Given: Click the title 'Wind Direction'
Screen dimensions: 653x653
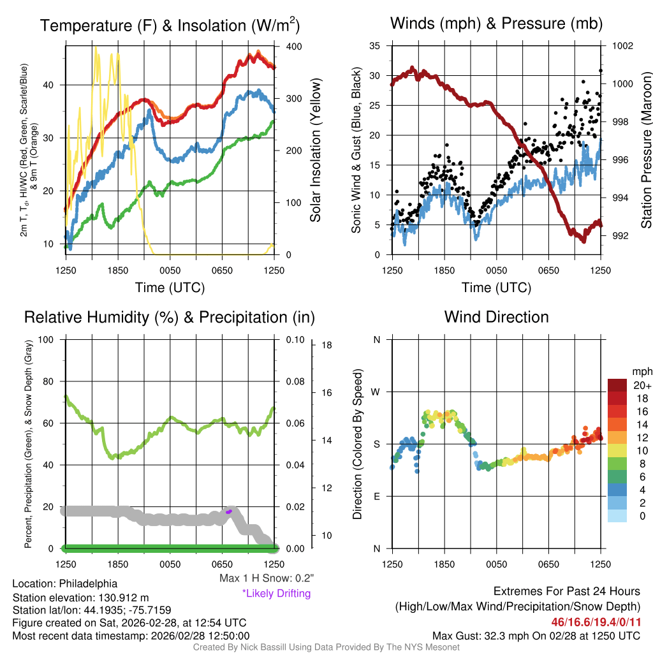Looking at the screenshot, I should click(x=496, y=317).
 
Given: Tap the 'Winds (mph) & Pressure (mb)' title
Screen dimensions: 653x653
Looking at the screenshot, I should click(x=496, y=24).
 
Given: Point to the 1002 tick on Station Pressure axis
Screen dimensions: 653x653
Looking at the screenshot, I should click(x=622, y=47).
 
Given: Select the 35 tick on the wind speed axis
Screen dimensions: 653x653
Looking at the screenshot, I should click(x=375, y=47).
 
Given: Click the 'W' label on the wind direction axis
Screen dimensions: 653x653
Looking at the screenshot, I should click(x=376, y=392).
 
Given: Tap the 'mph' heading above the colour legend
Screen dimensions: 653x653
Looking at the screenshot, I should click(x=642, y=371).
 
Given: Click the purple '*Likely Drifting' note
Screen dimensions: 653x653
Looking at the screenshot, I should click(x=276, y=594).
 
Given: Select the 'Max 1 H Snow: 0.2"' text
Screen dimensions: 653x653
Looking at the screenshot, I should click(x=267, y=578).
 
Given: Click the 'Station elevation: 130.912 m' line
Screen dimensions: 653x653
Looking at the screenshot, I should click(x=80, y=598).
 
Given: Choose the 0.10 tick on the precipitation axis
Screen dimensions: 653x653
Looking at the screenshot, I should click(x=294, y=339).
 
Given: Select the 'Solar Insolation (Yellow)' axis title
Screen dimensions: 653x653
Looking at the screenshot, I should click(x=315, y=150).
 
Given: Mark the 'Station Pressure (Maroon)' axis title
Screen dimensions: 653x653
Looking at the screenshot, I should click(x=646, y=150).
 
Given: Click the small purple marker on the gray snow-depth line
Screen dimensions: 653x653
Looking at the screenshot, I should click(x=228, y=511).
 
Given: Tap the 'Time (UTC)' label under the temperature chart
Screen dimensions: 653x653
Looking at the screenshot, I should click(x=170, y=288).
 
